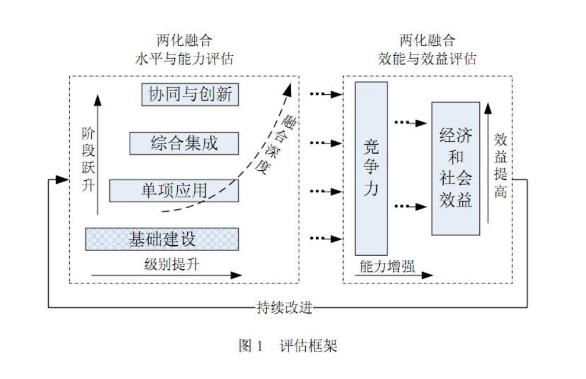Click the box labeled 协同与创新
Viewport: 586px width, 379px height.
(190, 95)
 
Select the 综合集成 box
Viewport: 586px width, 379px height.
(184, 143)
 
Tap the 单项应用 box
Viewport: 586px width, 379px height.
(174, 190)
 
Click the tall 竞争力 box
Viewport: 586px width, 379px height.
(371, 168)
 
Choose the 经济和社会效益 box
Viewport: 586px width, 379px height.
(455, 168)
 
